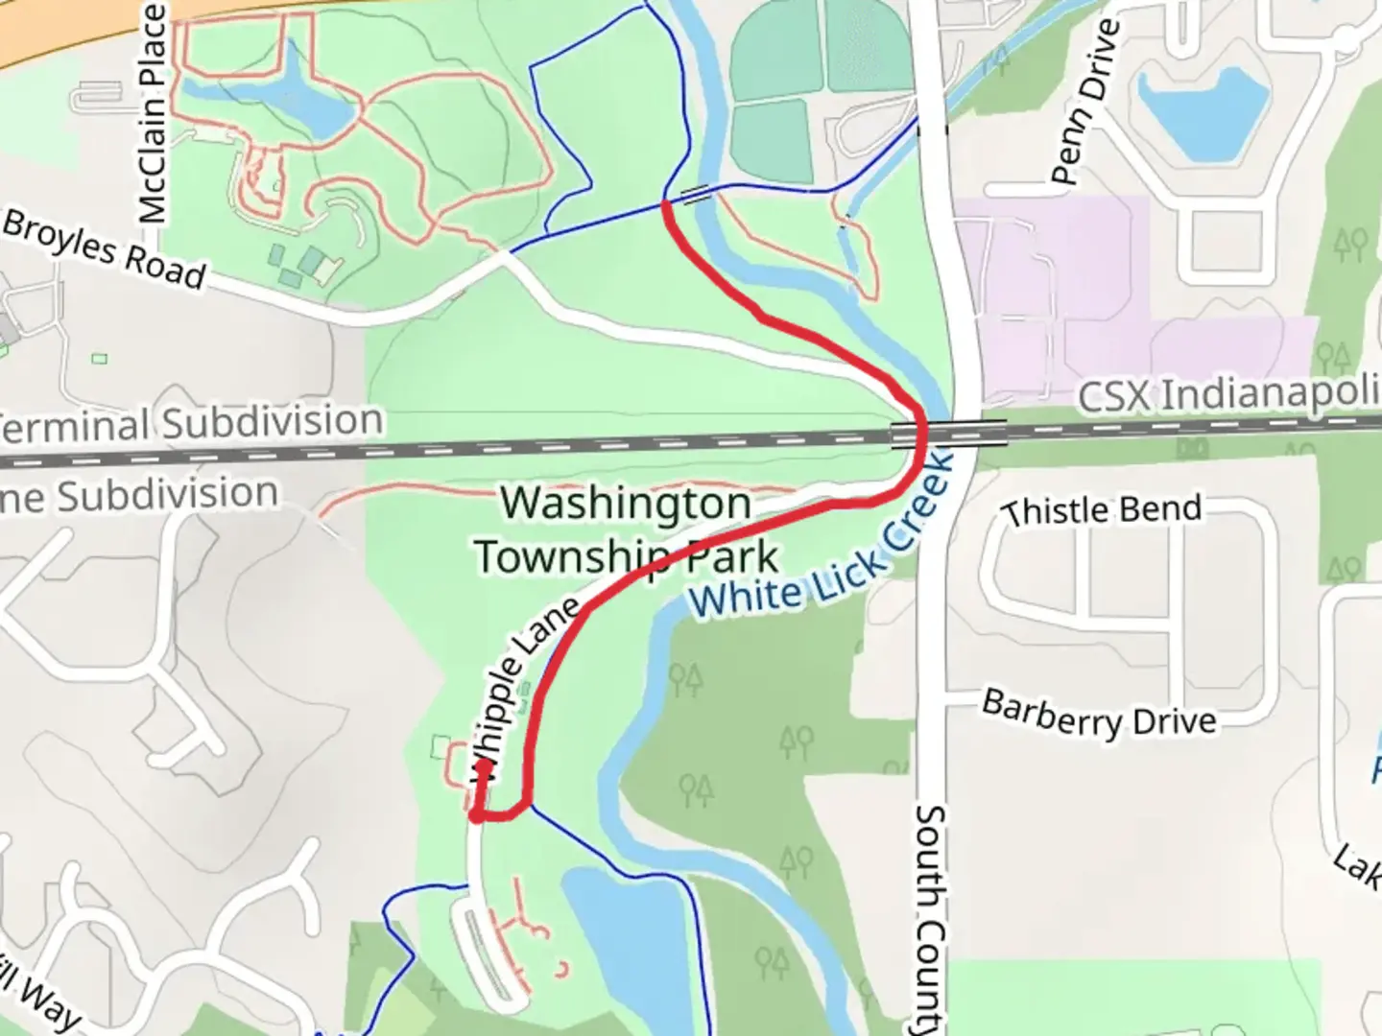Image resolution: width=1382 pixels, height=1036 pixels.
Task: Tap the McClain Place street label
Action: coord(153,113)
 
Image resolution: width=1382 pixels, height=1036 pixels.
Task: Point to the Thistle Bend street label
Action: coord(1101,510)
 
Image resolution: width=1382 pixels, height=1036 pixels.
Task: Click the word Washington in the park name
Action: coord(626,504)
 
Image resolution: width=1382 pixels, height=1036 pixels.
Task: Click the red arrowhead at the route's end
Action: coord(483,766)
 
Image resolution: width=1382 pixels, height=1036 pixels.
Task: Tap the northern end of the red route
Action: coord(666,204)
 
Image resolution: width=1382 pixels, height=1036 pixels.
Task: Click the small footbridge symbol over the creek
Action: coord(697,194)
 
